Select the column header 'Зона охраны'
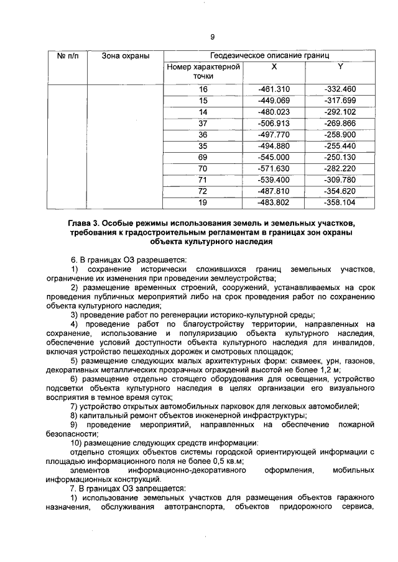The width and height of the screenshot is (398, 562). click(126, 57)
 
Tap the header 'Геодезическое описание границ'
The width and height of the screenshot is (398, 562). click(269, 57)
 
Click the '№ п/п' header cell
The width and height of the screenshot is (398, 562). click(66, 57)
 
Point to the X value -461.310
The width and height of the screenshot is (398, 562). click(274, 89)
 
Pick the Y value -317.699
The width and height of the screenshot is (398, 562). click(340, 101)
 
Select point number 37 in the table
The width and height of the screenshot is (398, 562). click(203, 123)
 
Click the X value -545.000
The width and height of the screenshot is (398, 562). click(274, 157)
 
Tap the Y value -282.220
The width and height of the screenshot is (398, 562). click(340, 168)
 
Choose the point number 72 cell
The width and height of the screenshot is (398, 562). click(203, 191)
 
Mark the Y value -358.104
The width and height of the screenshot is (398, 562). click(340, 202)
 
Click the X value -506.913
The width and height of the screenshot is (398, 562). click(274, 123)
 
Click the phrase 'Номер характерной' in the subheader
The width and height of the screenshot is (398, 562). click(203, 66)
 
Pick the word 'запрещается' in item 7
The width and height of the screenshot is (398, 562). click(164, 489)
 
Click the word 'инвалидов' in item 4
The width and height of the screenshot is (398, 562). click(354, 342)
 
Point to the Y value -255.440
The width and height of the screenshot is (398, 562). click(340, 146)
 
